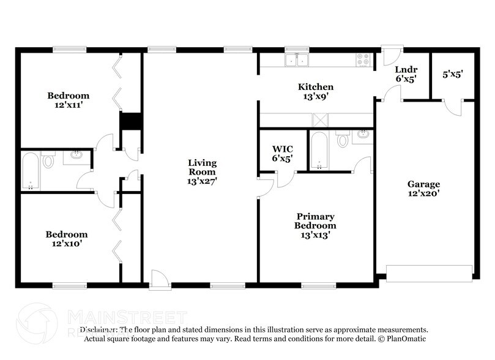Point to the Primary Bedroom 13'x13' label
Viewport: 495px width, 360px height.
tap(316, 225)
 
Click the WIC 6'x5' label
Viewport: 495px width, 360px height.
tap(282, 152)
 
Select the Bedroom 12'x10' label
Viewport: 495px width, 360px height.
tap(67, 239)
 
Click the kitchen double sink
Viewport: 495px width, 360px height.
tap(297, 60)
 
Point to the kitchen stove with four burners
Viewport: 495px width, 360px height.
tap(363, 60)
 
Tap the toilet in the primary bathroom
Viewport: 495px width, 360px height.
tap(343, 140)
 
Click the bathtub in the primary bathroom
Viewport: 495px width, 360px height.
tap(318, 151)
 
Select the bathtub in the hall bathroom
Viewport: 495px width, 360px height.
tap(31, 171)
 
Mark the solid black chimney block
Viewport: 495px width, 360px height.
tap(131, 121)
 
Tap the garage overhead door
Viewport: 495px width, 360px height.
tap(429, 273)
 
